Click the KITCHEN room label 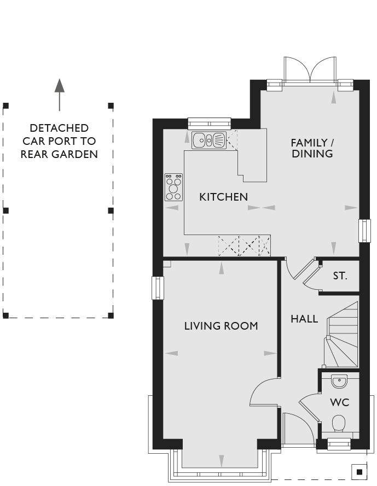tap(223, 197)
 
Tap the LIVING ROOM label tap(221, 326)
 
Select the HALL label tap(304, 319)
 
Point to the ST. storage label tap(340, 276)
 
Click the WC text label tap(339, 402)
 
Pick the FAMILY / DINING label tap(312, 148)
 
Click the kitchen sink tap(209, 140)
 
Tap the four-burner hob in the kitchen tap(173, 187)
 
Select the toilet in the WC tap(339, 423)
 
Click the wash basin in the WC tap(339, 381)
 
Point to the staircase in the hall tap(341, 335)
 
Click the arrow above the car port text tap(59, 95)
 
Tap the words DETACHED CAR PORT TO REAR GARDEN tap(59, 141)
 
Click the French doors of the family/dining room tap(310, 71)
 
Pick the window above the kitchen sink tap(210, 124)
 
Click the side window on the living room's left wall tap(158, 288)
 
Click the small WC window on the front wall tap(339, 444)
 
